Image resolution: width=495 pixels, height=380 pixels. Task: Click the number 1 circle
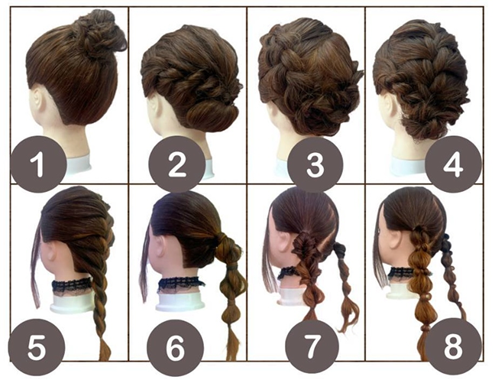pyautogui.click(x=38, y=164)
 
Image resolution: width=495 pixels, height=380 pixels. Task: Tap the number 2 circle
pyautogui.click(x=176, y=164)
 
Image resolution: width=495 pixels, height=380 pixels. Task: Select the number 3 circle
pyautogui.click(x=315, y=164)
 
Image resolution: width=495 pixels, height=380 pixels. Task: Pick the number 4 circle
pyautogui.click(x=453, y=164)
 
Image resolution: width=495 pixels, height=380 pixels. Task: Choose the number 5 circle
pyautogui.click(x=37, y=347)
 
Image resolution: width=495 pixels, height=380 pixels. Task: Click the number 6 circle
pyautogui.click(x=175, y=347)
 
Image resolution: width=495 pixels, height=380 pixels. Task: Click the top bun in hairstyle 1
pyautogui.click(x=98, y=33)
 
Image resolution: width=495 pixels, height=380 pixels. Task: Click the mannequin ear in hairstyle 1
pyautogui.click(x=37, y=99)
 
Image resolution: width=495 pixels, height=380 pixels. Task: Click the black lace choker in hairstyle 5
pyautogui.click(x=72, y=286)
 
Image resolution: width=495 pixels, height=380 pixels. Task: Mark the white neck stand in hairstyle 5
pyautogui.click(x=72, y=303)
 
